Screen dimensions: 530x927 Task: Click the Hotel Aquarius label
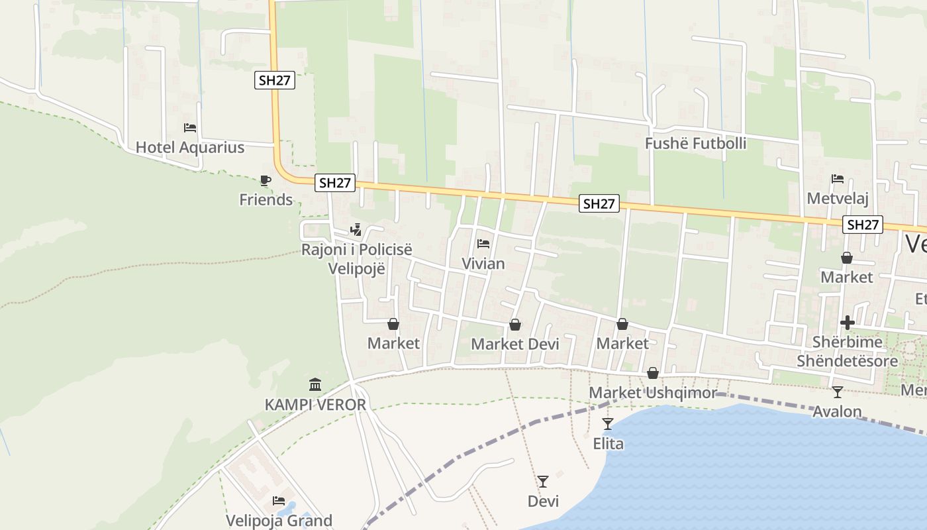pos(190,147)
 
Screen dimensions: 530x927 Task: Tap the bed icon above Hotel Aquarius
pos(190,128)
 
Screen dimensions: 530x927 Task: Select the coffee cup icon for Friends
pos(266,180)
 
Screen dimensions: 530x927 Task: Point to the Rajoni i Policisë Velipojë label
pos(356,259)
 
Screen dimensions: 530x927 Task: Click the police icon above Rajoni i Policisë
pos(356,230)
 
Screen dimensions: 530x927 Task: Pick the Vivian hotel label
pos(483,264)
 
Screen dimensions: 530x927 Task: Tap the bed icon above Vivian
pos(483,244)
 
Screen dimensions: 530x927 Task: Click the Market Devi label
pos(514,344)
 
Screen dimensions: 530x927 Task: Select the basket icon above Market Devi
pos(515,325)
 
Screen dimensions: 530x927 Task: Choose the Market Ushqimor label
pos(652,393)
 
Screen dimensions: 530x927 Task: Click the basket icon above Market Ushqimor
pos(653,373)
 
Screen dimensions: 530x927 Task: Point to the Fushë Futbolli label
pos(695,143)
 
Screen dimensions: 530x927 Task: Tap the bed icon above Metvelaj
pos(838,179)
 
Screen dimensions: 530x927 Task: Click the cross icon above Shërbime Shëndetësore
pos(847,323)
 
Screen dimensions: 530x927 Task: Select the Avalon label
pos(837,411)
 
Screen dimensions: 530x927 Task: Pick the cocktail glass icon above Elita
pos(608,424)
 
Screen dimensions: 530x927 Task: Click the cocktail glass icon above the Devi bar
pos(543,482)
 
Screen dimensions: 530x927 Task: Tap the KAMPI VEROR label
pos(315,404)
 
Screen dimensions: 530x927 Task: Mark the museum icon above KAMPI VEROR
pos(315,385)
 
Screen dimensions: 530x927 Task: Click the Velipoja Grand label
pos(279,521)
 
